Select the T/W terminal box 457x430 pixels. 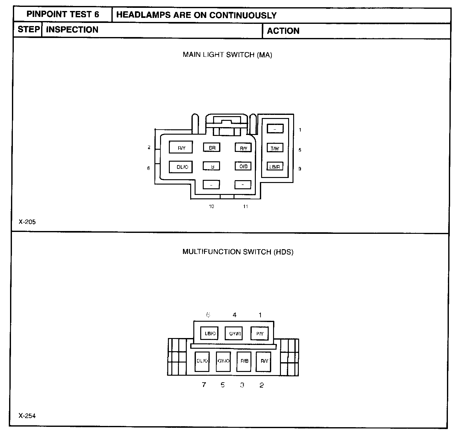[x=275, y=148]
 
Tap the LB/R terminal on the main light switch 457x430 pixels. [x=275, y=166]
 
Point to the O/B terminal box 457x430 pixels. [x=243, y=166]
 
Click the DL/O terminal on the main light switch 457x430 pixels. [x=181, y=167]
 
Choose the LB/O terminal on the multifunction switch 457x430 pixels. [x=209, y=333]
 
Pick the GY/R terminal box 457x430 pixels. [x=234, y=333]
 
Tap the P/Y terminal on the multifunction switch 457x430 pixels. [x=260, y=333]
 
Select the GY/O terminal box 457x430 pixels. [x=223, y=361]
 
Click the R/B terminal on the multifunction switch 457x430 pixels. [x=244, y=361]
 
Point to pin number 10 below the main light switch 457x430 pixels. [x=212, y=207]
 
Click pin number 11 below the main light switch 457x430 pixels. [x=245, y=207]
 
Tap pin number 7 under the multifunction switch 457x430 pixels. [x=204, y=385]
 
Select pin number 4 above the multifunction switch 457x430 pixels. [x=234, y=315]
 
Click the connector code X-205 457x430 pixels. [x=27, y=222]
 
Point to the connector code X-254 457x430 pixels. [x=27, y=416]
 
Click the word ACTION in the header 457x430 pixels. [x=283, y=31]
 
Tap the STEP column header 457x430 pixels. [x=29, y=30]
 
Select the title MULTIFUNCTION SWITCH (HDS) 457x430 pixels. [x=238, y=252]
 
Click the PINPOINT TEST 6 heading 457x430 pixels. [x=63, y=14]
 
